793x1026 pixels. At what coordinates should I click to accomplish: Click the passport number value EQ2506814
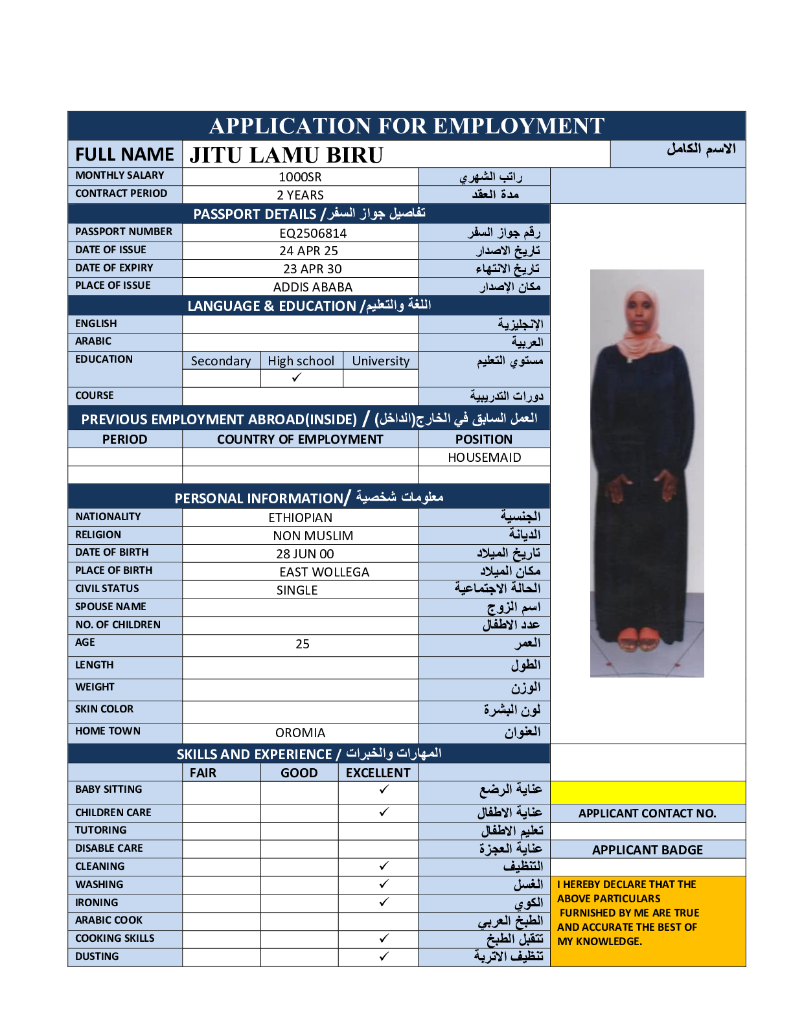tap(313, 233)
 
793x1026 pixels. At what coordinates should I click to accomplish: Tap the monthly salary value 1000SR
tap(300, 177)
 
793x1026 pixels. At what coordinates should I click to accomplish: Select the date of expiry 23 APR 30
tap(312, 269)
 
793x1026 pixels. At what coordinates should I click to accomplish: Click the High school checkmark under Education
tap(297, 378)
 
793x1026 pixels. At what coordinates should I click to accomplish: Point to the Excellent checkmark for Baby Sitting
tap(384, 789)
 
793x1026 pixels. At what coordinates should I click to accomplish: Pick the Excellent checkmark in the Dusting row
tap(384, 956)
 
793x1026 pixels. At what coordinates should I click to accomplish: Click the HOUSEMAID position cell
tap(484, 457)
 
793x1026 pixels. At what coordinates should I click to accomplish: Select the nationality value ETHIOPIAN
tap(300, 518)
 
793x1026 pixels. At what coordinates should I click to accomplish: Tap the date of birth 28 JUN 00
tap(305, 554)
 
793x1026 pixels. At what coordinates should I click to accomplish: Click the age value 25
tap(303, 644)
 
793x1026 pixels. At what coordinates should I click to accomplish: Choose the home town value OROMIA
tap(300, 733)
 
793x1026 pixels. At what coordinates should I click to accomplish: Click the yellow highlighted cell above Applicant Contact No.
tap(647, 792)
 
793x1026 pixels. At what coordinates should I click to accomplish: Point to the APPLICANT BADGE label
tap(647, 850)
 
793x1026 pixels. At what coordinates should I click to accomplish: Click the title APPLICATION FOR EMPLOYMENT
tap(406, 126)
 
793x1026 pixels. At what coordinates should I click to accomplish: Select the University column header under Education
tap(380, 361)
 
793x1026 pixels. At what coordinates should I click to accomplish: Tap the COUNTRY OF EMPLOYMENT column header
tap(300, 439)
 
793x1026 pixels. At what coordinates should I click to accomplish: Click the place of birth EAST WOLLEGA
tap(324, 572)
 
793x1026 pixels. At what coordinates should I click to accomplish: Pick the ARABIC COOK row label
tap(109, 920)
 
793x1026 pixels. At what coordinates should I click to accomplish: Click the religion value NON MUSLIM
tap(313, 536)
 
